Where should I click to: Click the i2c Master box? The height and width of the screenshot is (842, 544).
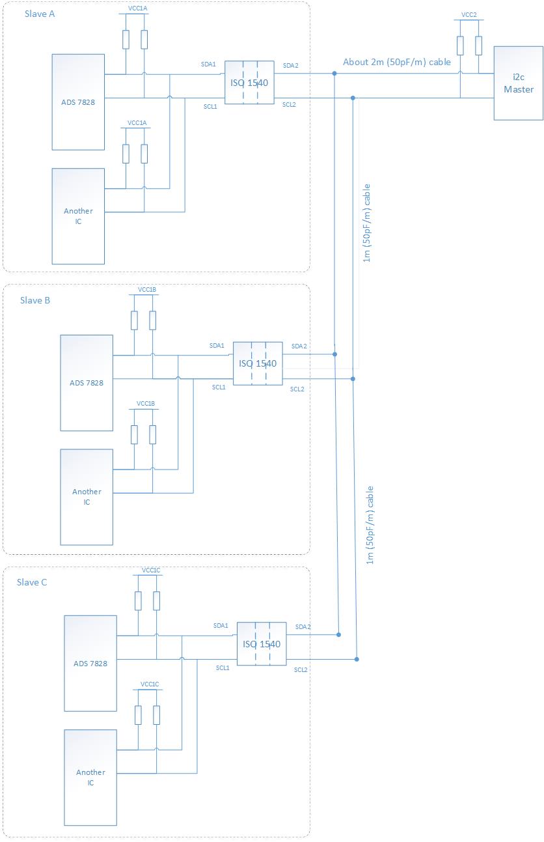pos(518,83)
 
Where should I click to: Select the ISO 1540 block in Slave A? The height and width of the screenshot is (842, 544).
pos(249,83)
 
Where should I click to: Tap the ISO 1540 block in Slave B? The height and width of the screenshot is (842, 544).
pos(258,363)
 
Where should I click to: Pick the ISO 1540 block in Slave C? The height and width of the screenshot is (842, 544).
pos(261,644)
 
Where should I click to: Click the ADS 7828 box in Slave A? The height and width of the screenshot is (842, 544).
pos(78,102)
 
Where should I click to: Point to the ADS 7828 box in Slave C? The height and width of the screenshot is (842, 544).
pos(90,663)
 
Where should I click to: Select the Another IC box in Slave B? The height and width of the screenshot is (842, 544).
pos(86,496)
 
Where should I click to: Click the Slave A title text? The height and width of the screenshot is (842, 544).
pos(38,14)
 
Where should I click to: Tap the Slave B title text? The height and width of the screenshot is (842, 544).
pos(35,300)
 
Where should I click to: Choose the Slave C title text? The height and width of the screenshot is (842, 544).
pos(32,582)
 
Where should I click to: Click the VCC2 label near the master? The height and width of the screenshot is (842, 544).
pos(469,14)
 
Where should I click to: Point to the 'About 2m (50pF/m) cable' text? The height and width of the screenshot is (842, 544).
pos(397,63)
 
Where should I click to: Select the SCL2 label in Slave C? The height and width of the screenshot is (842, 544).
pos(301,669)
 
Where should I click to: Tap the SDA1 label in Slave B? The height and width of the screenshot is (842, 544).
pos(217,345)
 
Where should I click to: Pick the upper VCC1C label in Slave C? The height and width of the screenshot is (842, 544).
pos(150,570)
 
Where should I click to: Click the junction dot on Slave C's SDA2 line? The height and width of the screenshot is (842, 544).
pos(338,634)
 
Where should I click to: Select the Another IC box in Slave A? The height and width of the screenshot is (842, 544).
pos(78,216)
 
